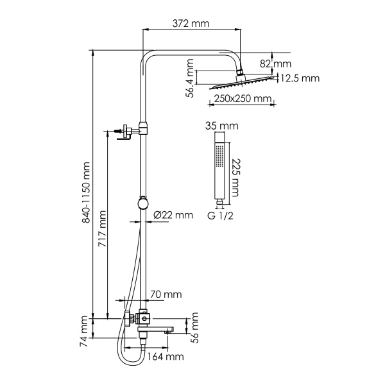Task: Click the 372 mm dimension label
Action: (191, 24)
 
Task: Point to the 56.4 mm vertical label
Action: (191, 77)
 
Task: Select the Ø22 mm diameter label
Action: (173, 215)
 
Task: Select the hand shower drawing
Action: (220, 170)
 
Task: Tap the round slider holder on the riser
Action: (143, 204)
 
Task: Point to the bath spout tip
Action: (171, 330)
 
